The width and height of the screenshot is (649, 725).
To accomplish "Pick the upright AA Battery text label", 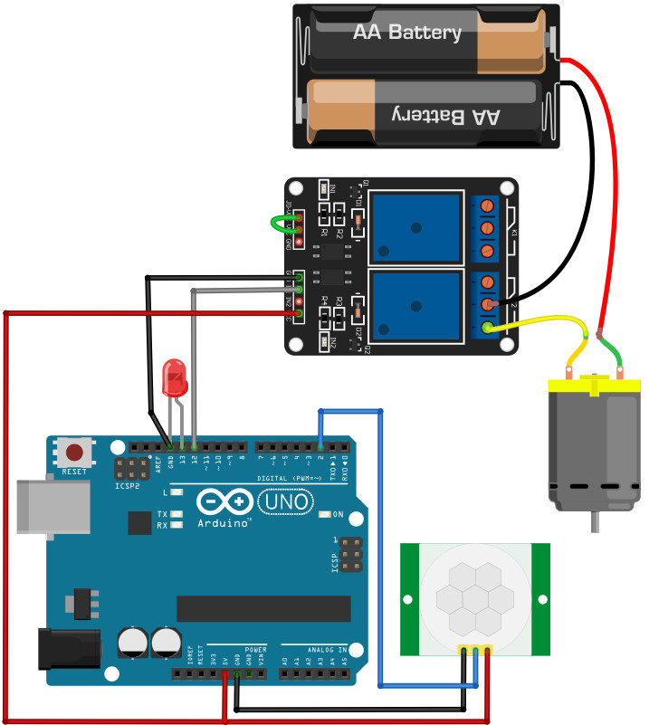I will pyautogui.click(x=407, y=33).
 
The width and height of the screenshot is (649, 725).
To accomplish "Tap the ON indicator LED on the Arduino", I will pyautogui.click(x=325, y=515).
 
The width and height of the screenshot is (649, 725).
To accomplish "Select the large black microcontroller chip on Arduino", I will pyautogui.click(x=263, y=609).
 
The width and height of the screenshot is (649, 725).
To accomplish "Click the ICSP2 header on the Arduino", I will pyautogui.click(x=132, y=469).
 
